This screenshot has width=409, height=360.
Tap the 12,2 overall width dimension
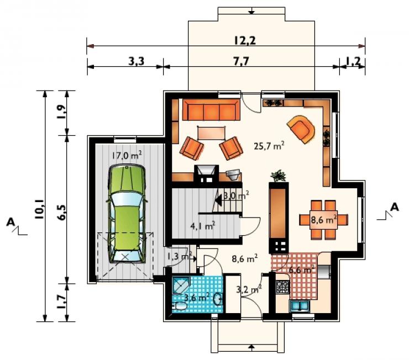point(245,40)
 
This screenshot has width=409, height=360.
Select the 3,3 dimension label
point(137,61)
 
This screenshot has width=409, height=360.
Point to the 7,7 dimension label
point(242,61)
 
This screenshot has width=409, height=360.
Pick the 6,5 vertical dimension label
point(62,213)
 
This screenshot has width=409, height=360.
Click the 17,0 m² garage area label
point(127,156)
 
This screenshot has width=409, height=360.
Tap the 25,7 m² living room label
point(269,146)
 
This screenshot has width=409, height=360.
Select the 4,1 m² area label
point(203,226)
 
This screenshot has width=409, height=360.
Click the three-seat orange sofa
point(211,109)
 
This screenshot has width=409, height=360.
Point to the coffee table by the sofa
point(212,133)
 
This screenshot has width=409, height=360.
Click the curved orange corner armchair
point(301,129)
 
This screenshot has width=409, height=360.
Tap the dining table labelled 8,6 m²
point(323,220)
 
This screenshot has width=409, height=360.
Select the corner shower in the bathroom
point(181,285)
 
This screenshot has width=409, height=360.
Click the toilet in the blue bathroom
point(179,306)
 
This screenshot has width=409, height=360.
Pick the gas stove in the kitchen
point(283,287)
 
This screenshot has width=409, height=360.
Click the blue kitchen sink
point(299,306)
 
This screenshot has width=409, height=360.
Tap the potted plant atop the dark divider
point(279,176)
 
